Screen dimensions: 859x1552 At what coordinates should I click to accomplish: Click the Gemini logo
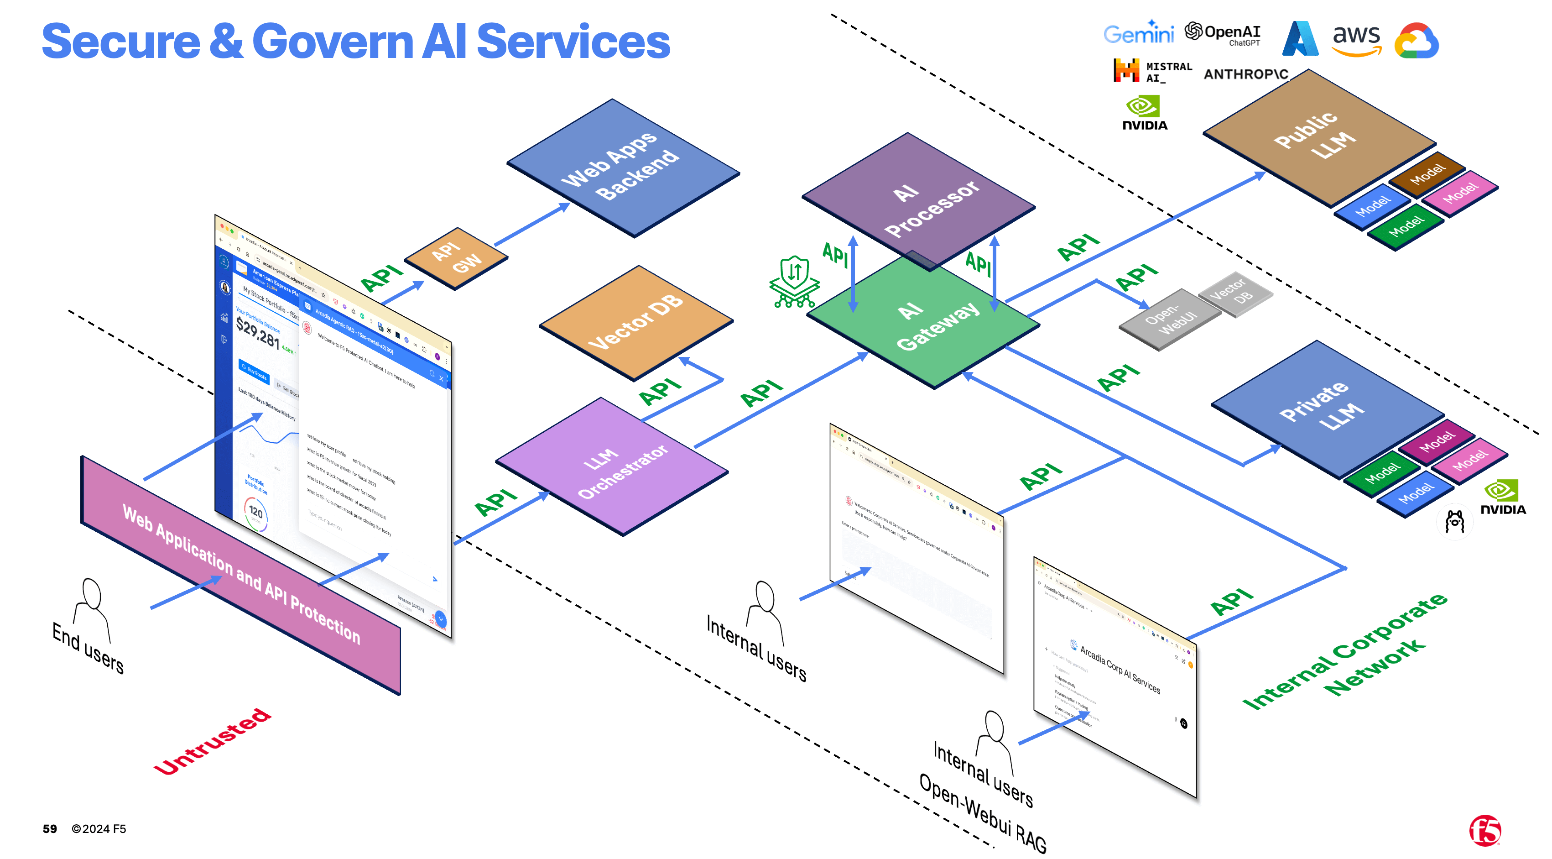[1138, 34]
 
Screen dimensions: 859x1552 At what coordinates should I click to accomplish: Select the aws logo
[1355, 40]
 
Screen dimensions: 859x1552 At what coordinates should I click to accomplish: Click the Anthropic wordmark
[1245, 74]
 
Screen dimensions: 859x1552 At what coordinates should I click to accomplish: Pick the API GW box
[456, 258]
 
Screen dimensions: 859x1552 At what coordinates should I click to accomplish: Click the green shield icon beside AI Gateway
[794, 281]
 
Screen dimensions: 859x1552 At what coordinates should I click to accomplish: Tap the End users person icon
[92, 609]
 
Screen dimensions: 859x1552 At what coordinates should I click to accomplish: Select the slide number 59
[49, 829]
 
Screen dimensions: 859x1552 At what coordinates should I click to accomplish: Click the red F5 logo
[1484, 830]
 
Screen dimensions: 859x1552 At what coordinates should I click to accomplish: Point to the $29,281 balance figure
[258, 333]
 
